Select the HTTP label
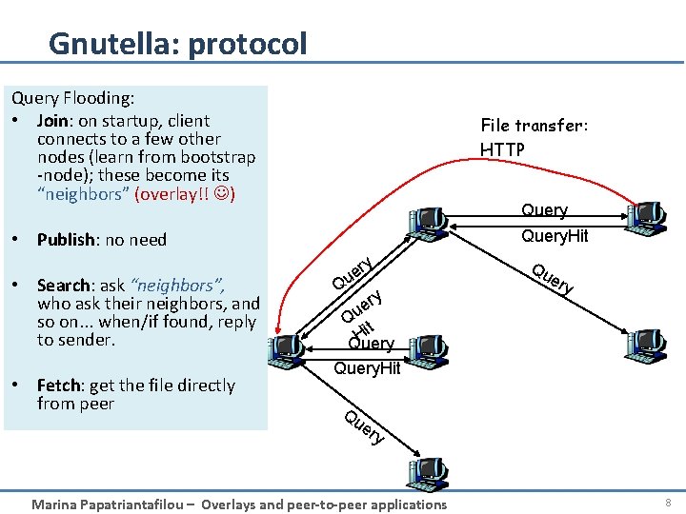coord(502,149)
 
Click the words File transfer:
coord(534,126)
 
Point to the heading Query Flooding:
coord(71,97)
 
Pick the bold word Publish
coord(68,240)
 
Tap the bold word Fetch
coord(59,385)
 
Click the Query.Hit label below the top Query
coord(555,235)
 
